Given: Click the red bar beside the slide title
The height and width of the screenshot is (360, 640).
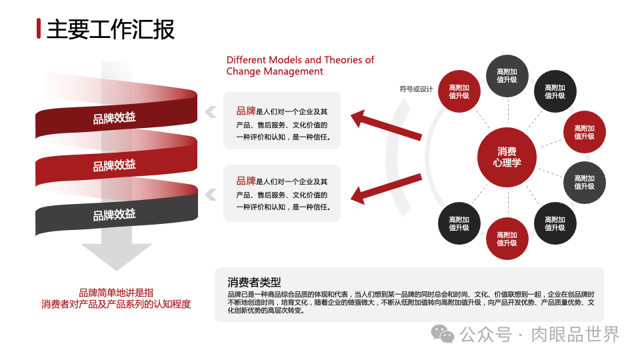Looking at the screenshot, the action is click(x=39, y=29).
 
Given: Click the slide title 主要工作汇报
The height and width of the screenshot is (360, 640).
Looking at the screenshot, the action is click(x=111, y=29).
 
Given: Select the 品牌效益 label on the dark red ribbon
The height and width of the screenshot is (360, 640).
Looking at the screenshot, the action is click(x=114, y=118).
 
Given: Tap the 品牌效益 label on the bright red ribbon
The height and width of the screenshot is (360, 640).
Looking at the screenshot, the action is click(x=114, y=165).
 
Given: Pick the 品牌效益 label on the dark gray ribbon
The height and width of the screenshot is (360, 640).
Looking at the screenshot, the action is click(x=114, y=215).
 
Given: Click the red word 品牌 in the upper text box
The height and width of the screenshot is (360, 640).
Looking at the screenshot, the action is click(x=245, y=111).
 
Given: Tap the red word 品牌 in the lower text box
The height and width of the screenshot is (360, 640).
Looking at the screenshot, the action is click(x=245, y=181).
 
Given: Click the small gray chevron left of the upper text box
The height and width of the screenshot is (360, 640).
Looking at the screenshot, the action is click(x=211, y=112).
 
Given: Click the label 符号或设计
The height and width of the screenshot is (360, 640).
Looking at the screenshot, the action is click(x=416, y=89).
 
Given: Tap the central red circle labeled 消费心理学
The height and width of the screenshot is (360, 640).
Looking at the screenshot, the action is click(x=507, y=157).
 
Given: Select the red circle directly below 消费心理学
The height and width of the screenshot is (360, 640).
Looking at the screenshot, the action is click(x=507, y=239).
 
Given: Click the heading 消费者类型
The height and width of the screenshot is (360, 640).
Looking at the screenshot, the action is click(x=254, y=282).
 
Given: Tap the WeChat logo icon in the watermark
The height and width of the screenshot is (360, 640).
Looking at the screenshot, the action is click(x=441, y=333).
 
